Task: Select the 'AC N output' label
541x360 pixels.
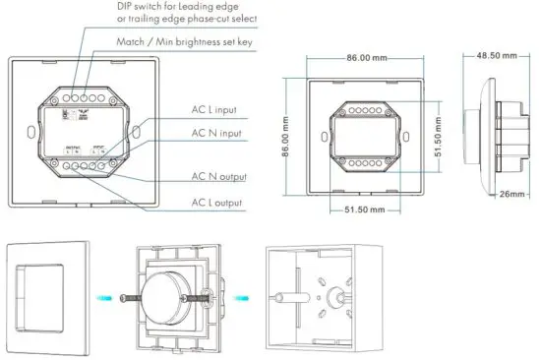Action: pos(218,177)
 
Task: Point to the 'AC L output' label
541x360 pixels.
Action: pos(217,203)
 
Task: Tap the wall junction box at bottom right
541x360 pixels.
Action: pos(316,295)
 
